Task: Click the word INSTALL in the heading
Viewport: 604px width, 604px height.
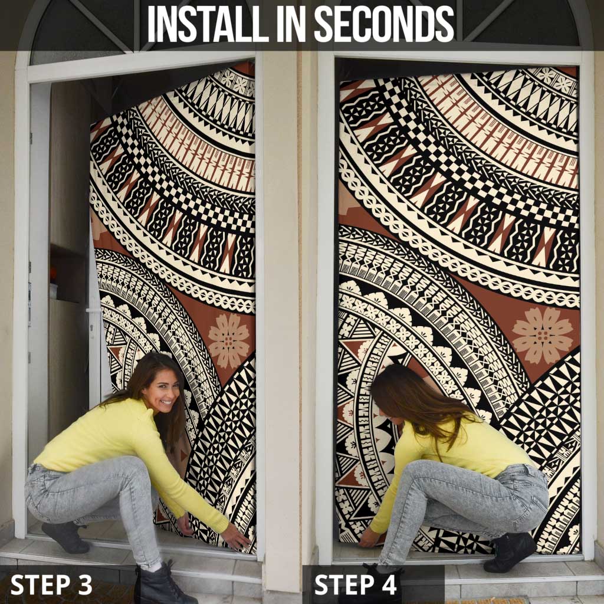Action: tap(203, 24)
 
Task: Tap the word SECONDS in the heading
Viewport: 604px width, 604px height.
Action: tap(384, 24)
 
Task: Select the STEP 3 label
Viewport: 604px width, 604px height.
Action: tap(51, 585)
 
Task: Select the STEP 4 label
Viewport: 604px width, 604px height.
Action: tap(355, 585)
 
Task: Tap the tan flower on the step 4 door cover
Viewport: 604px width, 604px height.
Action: tap(543, 335)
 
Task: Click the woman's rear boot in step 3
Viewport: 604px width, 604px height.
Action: tap(65, 537)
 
